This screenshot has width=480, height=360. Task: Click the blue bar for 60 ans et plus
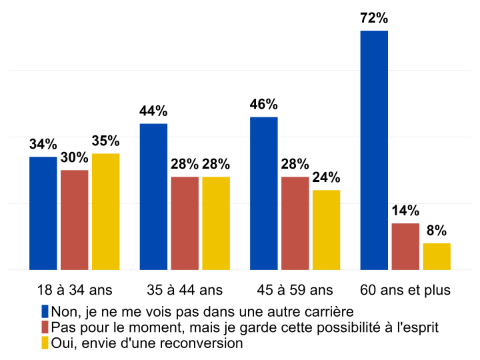373,150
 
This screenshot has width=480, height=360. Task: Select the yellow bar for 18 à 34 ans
105,211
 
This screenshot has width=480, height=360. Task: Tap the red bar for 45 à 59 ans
295,223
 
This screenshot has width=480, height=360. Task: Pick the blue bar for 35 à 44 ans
153,197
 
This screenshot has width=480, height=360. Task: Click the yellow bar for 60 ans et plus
437,257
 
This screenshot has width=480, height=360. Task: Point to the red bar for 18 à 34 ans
74,220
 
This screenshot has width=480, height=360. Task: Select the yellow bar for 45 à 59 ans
326,230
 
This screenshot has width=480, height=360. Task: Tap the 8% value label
437,231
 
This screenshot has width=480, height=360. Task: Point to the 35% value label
105,141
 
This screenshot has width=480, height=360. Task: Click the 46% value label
263,105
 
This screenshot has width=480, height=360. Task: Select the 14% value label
405,211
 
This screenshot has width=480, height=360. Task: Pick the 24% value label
326,178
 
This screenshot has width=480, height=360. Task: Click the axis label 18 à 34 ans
75,290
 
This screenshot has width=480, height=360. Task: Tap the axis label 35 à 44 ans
185,290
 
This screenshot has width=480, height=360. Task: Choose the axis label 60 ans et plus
405,290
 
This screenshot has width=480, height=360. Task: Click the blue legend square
45,311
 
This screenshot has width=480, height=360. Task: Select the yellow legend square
45,343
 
